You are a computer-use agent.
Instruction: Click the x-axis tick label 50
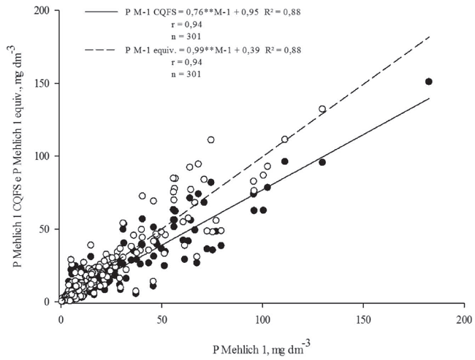tap(161, 318)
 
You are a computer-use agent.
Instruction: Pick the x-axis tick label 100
tap(262, 318)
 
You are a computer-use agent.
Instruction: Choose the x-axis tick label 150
tap(362, 318)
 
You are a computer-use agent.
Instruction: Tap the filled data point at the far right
tap(429, 82)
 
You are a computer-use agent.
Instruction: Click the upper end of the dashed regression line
tap(429, 36)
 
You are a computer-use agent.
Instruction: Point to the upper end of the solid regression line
tap(429, 98)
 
